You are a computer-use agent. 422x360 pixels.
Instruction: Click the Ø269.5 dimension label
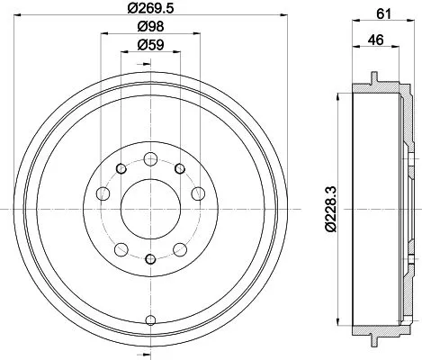[149, 12]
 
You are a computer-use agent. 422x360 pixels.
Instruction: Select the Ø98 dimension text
[149, 30]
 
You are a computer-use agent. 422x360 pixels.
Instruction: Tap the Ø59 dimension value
[149, 47]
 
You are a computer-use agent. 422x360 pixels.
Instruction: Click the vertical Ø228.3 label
[330, 209]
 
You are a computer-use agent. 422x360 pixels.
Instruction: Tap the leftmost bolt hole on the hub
[103, 193]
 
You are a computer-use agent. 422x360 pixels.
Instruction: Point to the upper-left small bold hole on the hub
[121, 168]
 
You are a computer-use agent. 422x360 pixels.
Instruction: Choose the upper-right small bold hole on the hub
[179, 168]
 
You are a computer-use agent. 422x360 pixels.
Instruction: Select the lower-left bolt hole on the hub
[121, 247]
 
